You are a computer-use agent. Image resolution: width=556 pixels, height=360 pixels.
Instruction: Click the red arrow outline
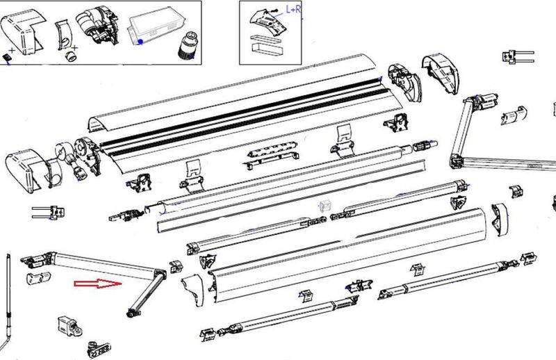pos(97,284)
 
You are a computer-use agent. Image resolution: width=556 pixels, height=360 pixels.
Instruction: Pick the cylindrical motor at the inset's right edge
pos(186,46)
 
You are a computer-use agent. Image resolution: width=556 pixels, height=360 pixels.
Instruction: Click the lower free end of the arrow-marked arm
pos(130,313)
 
